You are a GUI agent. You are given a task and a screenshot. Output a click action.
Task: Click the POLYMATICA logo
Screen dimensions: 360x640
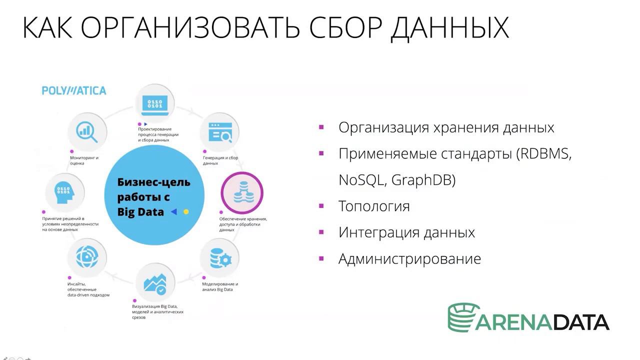(74, 90)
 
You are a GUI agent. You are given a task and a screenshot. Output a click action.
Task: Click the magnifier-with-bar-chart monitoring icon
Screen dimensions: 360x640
(86, 131)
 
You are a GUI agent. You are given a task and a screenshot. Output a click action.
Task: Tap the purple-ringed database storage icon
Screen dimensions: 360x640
(242, 193)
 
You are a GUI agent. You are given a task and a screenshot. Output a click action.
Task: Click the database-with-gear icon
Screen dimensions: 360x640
(219, 258)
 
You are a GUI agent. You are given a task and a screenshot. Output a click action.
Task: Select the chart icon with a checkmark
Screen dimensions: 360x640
(155, 282)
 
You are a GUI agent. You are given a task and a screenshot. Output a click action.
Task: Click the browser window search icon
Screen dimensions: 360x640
(219, 131)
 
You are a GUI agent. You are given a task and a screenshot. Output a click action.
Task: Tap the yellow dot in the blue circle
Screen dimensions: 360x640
(186, 212)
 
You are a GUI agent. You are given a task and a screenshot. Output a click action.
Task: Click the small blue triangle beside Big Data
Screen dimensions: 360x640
(174, 212)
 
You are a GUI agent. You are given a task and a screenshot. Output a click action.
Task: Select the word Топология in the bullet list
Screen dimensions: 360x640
(374, 206)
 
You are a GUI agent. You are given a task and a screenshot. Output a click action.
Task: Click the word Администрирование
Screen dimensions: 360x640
(409, 258)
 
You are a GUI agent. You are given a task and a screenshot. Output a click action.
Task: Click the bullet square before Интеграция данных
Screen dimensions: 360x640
(321, 232)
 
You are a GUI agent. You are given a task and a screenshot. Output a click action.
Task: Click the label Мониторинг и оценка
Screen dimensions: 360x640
(84, 160)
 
